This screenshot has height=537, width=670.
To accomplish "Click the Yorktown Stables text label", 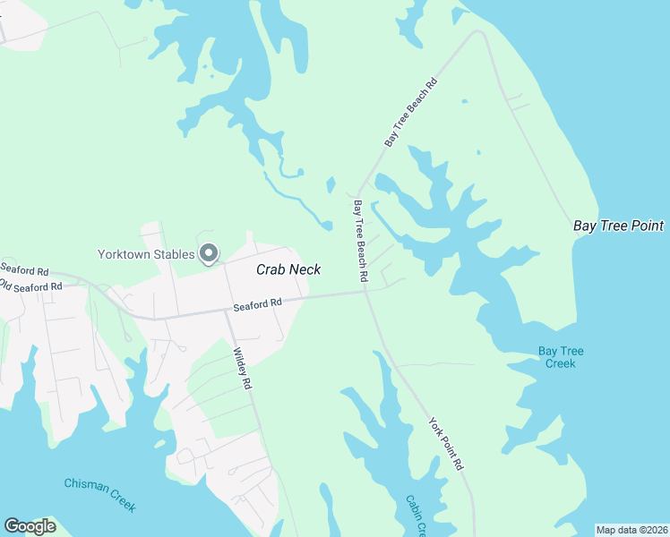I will tap(146, 254).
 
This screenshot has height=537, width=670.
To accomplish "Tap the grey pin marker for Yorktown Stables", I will tap(209, 255).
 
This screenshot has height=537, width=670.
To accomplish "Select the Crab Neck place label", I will tap(288, 269).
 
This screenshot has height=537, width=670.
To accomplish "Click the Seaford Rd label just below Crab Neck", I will tap(258, 305).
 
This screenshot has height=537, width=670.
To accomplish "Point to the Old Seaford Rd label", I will tap(31, 286).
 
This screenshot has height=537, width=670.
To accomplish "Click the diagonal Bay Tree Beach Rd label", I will tap(411, 112).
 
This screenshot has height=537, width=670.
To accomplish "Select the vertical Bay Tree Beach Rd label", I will tap(360, 242).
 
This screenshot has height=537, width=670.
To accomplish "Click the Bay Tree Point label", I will tap(619, 226).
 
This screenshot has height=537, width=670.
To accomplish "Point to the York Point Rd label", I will tap(446, 444).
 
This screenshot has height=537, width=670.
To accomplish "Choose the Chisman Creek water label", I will tap(100, 494).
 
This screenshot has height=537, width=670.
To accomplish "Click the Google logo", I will tap(30, 526).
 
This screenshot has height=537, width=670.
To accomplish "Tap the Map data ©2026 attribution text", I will tap(631, 530).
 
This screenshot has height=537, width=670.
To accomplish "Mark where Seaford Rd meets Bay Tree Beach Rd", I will tap(365, 292).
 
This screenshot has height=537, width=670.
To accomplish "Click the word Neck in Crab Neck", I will tap(305, 269).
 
